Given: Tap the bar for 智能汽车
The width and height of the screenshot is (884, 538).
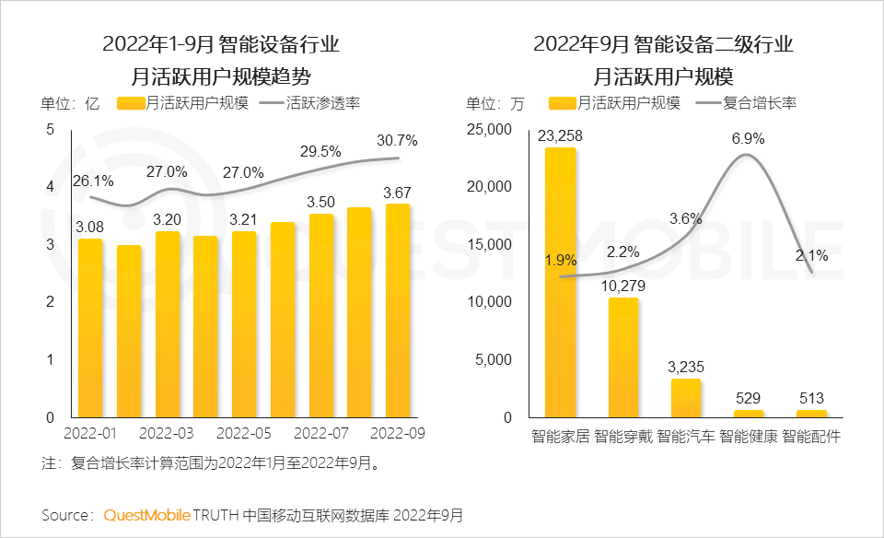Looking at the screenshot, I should (x=685, y=398).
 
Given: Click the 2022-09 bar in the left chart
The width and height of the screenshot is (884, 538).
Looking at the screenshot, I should (x=398, y=310).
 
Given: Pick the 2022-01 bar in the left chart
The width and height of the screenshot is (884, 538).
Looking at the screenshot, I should (x=90, y=328).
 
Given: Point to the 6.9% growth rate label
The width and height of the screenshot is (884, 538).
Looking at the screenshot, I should (x=748, y=139).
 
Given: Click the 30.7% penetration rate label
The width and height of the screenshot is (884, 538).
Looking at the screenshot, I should (x=397, y=141).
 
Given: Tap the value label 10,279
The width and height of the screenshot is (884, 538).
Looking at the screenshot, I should (x=622, y=286).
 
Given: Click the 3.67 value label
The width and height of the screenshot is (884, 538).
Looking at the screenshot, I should (x=397, y=193).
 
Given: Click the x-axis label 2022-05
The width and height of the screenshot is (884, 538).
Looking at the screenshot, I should (x=244, y=433).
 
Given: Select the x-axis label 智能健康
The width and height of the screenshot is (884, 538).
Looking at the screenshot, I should (x=748, y=435).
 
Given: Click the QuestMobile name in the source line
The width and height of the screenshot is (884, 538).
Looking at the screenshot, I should (x=147, y=514).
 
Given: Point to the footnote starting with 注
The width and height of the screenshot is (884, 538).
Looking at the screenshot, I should (x=212, y=463).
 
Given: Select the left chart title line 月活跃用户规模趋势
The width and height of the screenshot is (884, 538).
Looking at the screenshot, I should (x=221, y=75).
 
